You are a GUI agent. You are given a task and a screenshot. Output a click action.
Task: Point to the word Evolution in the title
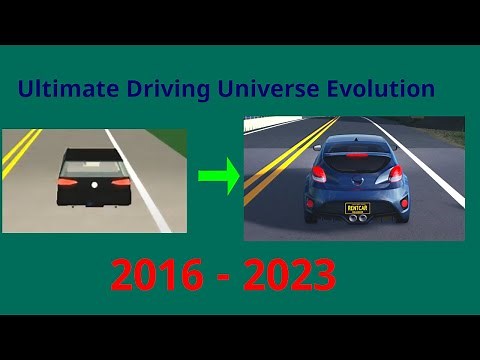[x=381, y=89]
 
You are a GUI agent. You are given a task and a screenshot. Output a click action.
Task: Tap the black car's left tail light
[x=67, y=183]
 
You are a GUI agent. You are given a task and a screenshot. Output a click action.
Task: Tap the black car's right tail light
[x=119, y=183]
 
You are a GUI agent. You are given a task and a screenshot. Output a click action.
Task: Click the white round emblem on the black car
[x=93, y=185]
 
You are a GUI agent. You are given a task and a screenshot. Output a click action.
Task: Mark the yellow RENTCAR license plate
[x=356, y=209]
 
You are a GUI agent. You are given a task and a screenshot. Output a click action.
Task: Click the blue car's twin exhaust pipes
[x=356, y=227]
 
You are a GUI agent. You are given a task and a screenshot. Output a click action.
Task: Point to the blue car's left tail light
[x=320, y=173]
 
